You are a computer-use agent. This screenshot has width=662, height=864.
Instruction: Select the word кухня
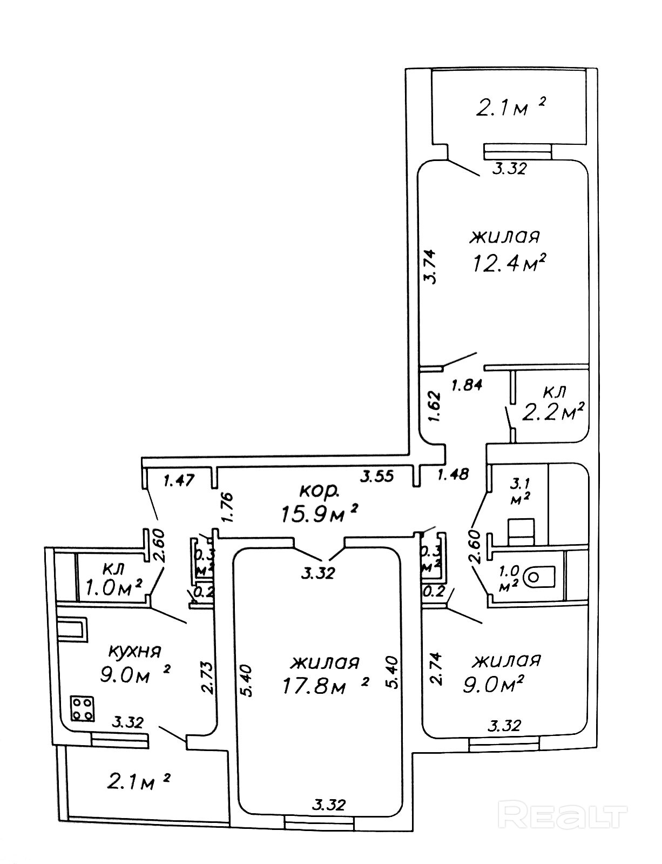(x=135, y=651)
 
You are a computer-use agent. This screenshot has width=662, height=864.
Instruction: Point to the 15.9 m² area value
(x=319, y=513)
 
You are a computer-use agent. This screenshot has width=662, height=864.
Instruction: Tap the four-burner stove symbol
(x=83, y=708)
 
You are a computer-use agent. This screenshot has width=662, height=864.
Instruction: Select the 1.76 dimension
(x=226, y=506)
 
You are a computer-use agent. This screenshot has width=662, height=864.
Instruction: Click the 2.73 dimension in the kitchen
(x=207, y=678)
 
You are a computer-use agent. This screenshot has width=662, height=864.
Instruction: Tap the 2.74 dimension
(x=436, y=669)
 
